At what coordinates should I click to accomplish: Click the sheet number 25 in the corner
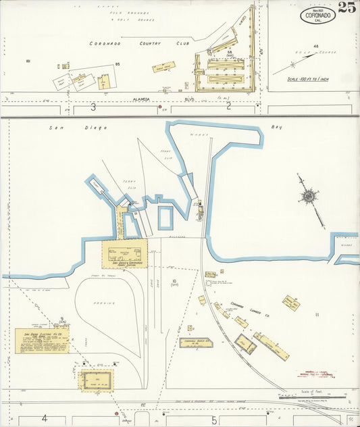[x=347, y=7]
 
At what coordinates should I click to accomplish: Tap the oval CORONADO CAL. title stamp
[x=318, y=15]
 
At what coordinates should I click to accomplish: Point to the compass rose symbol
[x=309, y=196]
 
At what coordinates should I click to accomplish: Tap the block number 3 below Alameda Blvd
[x=93, y=106]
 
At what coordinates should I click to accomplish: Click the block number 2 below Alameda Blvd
[x=229, y=105]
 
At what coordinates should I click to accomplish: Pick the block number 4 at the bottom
[x=45, y=418]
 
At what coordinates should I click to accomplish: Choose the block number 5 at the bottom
[x=213, y=420]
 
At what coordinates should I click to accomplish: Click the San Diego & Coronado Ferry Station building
[x=125, y=253]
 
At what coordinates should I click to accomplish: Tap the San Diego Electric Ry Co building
[x=42, y=341]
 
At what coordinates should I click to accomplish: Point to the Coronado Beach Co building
[x=196, y=343]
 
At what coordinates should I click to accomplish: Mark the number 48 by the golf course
[x=315, y=46]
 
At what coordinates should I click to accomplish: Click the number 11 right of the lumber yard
[x=316, y=314]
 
